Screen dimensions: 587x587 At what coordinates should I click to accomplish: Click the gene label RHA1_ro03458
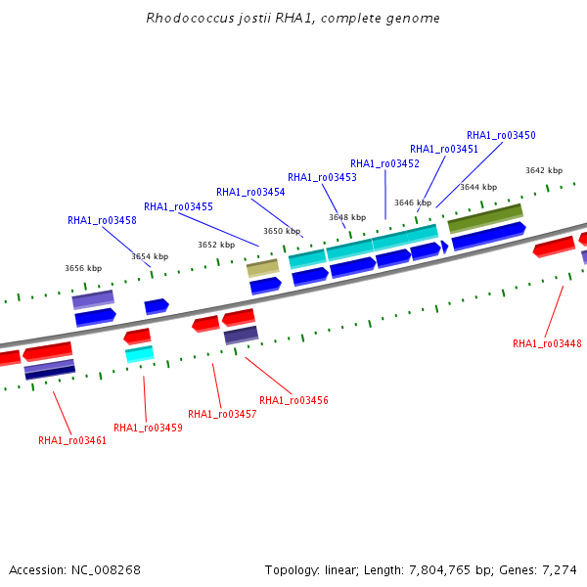pyautogui.click(x=102, y=220)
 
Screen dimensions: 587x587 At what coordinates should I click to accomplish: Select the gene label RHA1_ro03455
pyautogui.click(x=178, y=206)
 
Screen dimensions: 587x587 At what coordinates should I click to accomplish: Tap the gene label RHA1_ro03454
pyautogui.click(x=250, y=192)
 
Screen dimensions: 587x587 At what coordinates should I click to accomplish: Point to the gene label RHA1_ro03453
pyautogui.click(x=322, y=177)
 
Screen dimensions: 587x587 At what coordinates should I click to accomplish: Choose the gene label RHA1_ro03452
pyautogui.click(x=384, y=163)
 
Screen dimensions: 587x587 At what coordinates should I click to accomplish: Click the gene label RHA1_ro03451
pyautogui.click(x=444, y=149)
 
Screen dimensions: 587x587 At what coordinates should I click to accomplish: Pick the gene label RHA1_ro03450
pyautogui.click(x=501, y=135)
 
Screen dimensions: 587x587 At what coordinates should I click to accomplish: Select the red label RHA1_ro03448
pyautogui.click(x=547, y=343)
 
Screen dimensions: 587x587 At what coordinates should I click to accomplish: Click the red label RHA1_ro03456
pyautogui.click(x=293, y=400)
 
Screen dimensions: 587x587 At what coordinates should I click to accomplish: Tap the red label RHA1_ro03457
pyautogui.click(x=222, y=414)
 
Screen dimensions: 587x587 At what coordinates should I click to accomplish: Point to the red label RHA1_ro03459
pyautogui.click(x=148, y=428)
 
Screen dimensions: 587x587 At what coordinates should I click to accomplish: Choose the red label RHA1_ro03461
pyautogui.click(x=72, y=440)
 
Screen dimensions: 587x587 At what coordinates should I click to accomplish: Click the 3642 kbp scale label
pyautogui.click(x=544, y=170)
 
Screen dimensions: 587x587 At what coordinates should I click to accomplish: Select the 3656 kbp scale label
pyautogui.click(x=83, y=268)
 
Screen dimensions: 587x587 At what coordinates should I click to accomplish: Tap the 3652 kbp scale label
pyautogui.click(x=216, y=245)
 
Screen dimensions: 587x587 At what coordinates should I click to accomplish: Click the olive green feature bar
pyautogui.click(x=485, y=218)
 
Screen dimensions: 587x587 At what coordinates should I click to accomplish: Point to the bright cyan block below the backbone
pyautogui.click(x=140, y=354)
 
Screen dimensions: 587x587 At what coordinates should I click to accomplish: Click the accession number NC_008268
pyautogui.click(x=106, y=570)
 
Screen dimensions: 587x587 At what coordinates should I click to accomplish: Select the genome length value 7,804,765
pyautogui.click(x=439, y=570)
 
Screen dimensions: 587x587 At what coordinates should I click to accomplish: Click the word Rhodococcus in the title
pyautogui.click(x=190, y=18)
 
